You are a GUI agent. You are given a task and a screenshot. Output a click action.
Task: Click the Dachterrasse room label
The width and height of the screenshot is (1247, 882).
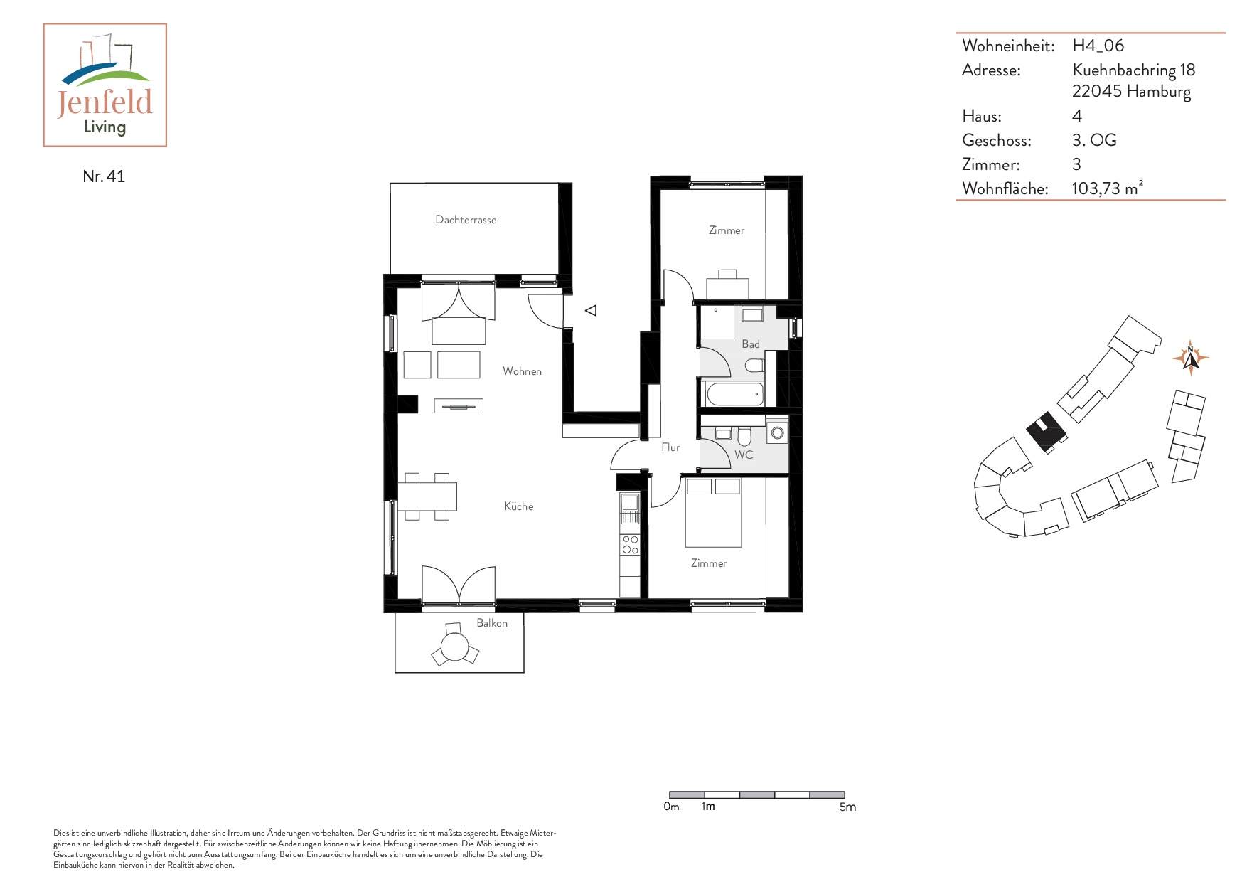(466, 220)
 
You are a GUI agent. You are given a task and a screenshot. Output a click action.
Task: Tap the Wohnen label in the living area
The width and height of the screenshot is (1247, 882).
(522, 371)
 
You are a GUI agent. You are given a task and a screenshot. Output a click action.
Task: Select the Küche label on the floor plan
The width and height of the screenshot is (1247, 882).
(518, 506)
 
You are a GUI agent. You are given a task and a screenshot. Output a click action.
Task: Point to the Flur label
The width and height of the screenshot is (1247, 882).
(670, 447)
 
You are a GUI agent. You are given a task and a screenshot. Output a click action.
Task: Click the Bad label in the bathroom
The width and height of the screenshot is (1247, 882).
(751, 344)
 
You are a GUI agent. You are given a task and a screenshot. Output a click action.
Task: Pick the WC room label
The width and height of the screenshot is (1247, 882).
(744, 455)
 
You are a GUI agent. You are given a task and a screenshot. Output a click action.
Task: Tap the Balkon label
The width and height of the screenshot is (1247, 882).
(492, 623)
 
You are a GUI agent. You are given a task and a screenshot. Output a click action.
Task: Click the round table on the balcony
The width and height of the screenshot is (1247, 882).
(455, 647)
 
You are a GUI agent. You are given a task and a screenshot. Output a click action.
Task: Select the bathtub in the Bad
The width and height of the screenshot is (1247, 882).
(735, 393)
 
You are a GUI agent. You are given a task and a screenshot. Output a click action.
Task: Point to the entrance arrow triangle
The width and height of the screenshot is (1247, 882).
(591, 310)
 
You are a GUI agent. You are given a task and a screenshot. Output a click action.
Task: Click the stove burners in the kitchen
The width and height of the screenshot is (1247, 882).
(630, 545)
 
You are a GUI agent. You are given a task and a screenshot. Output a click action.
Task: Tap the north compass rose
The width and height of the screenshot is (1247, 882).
(1190, 356)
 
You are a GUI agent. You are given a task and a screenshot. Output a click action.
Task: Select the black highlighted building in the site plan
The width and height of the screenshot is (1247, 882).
(1046, 431)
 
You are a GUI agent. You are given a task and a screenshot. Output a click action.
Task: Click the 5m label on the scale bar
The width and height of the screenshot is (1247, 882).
(847, 807)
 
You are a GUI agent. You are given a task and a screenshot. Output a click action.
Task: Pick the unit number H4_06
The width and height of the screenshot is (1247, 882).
(1098, 46)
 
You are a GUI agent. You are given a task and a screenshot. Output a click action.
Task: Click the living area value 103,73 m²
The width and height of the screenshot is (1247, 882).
(1107, 188)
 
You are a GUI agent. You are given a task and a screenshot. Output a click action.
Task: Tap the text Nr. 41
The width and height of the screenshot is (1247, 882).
(104, 176)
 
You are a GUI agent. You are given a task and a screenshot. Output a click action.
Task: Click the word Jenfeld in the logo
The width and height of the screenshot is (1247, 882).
(105, 102)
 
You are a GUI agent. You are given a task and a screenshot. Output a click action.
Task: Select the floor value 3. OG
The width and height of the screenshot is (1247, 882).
(1094, 140)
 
